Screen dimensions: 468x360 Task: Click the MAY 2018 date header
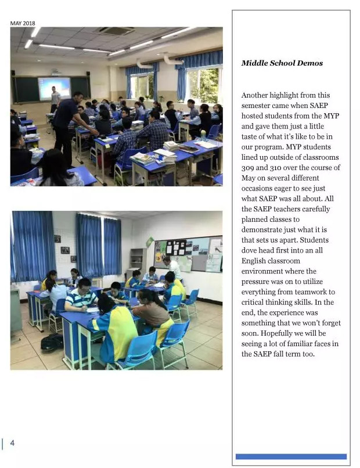click(23, 23)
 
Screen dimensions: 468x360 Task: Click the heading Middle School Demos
click(282, 63)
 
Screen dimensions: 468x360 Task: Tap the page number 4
click(12, 443)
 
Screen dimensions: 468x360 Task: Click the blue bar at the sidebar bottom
click(291, 456)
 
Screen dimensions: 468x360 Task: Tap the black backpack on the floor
click(52, 343)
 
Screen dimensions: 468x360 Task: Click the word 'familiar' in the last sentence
click(305, 344)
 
